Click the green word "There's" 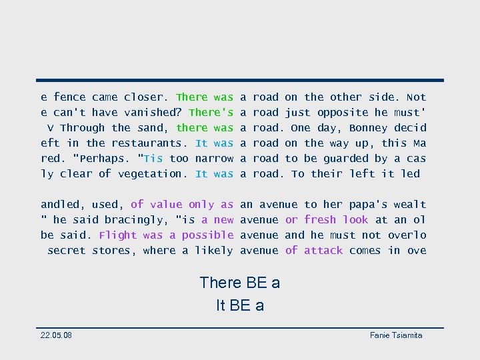(211, 113)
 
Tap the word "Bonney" (368, 128)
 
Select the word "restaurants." (150, 143)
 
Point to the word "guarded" (343, 159)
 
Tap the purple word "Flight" (117, 235)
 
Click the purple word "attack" (323, 251)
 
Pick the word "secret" (66, 251)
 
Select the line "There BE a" (240, 283)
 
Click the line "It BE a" (240, 305)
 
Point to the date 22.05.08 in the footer (56, 335)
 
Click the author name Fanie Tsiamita (396, 335)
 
